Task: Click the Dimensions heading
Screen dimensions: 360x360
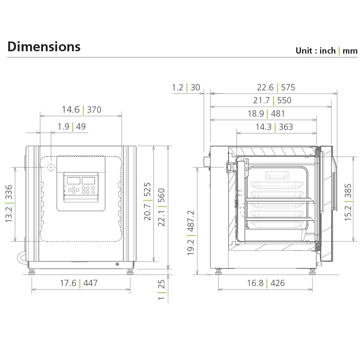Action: click(x=44, y=47)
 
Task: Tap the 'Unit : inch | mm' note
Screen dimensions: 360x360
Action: click(x=326, y=50)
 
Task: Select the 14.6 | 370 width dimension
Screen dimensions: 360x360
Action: click(x=81, y=110)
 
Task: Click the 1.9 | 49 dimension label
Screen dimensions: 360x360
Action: click(x=72, y=126)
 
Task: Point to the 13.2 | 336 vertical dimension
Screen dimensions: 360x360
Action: click(x=9, y=204)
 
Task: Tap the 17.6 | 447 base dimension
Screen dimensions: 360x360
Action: click(x=79, y=283)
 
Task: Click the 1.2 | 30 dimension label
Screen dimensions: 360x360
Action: click(x=186, y=87)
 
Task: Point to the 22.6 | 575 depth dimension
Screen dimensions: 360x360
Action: click(x=276, y=87)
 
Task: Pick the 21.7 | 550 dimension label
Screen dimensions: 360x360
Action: click(x=272, y=100)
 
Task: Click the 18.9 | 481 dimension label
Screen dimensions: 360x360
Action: click(x=266, y=113)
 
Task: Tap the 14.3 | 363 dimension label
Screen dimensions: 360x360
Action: click(x=274, y=127)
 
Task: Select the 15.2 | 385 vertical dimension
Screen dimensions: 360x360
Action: click(x=348, y=202)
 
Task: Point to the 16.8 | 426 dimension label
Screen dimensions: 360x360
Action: click(x=266, y=283)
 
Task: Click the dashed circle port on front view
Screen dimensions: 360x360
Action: click(x=51, y=167)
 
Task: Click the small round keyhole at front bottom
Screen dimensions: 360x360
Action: click(x=117, y=265)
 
